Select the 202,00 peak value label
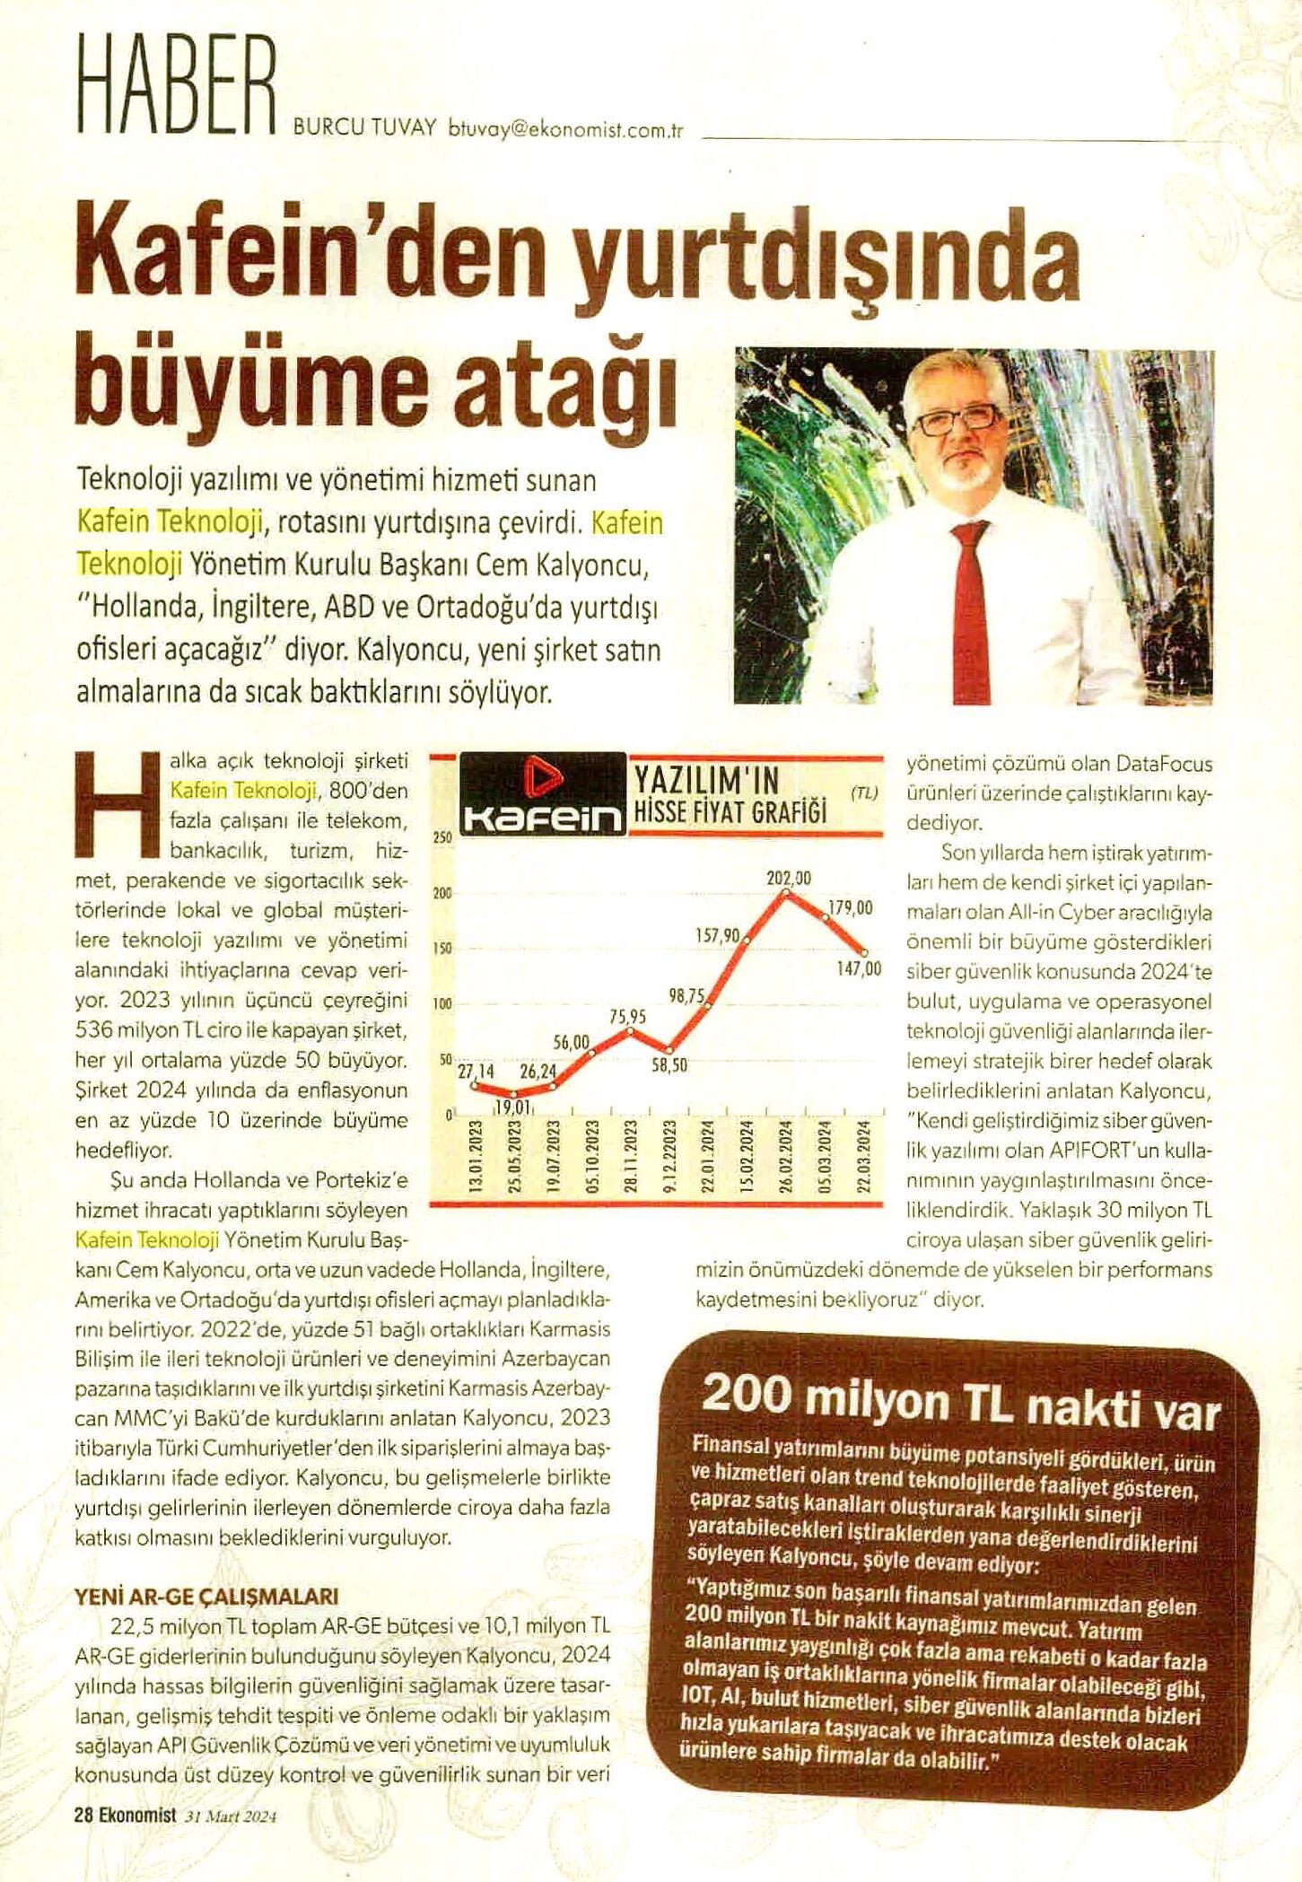(788, 879)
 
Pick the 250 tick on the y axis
(441, 837)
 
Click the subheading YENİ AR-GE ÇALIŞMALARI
(206, 1597)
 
